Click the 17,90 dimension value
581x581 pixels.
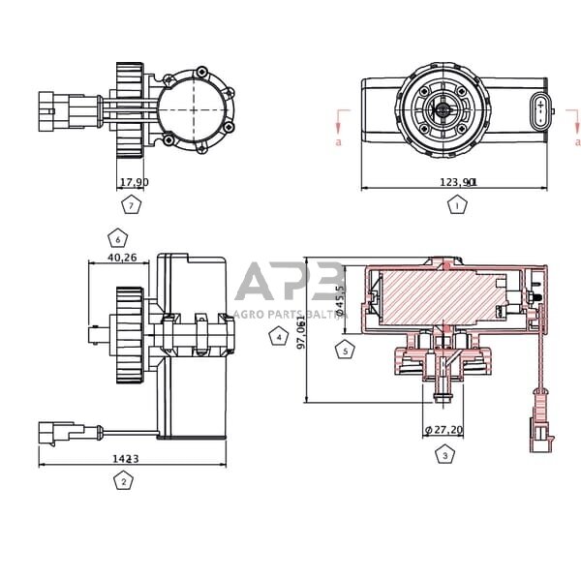click(133, 182)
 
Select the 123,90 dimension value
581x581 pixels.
click(459, 181)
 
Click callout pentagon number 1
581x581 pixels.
click(457, 205)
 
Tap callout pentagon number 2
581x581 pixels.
click(123, 480)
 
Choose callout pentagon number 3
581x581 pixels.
click(444, 453)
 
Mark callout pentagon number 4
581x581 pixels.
click(279, 337)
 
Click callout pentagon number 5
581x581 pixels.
click(345, 351)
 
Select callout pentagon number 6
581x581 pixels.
click(118, 237)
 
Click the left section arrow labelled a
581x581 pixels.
click(338, 123)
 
